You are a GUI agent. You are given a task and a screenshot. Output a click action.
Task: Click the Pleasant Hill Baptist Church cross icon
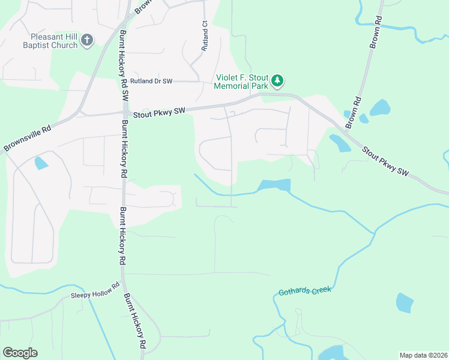point(87,40)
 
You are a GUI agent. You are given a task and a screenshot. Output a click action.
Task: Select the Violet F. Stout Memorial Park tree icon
point(277,80)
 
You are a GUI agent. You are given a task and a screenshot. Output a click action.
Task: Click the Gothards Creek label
point(305,292)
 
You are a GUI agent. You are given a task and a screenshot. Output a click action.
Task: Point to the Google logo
point(20,353)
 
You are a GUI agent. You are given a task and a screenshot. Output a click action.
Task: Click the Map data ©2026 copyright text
point(423,355)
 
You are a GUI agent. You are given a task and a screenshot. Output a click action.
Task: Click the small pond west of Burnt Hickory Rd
point(41,163)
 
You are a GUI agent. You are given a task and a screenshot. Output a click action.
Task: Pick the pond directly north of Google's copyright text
point(405,302)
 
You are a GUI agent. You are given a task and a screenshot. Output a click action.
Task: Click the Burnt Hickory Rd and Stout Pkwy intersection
point(124,112)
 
